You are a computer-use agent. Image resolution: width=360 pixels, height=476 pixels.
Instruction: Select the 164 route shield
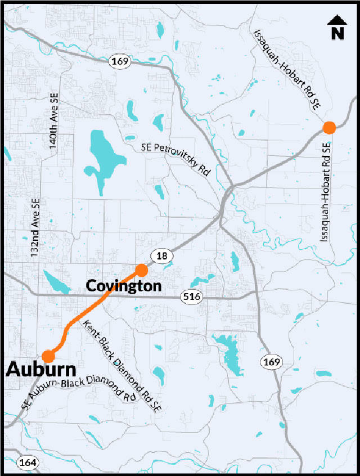coord(26,462)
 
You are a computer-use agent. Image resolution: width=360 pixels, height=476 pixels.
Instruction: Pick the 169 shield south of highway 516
coord(271,361)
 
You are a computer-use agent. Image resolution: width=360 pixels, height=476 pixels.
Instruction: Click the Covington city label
coord(123,286)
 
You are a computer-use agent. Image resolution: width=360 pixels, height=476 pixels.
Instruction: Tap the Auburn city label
coord(41,370)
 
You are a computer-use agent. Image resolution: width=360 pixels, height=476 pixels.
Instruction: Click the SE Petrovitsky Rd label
coord(175,159)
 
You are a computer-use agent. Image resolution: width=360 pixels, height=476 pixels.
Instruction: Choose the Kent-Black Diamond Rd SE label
coord(121,367)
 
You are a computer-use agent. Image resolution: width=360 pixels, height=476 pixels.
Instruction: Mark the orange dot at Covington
coord(141,271)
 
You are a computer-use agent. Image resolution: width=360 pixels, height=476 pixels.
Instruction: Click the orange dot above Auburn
coord(48,356)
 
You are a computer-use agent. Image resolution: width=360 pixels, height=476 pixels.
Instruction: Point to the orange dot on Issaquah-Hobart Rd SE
coord(330,128)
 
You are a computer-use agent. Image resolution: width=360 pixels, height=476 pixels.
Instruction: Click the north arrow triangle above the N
coord(337,21)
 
